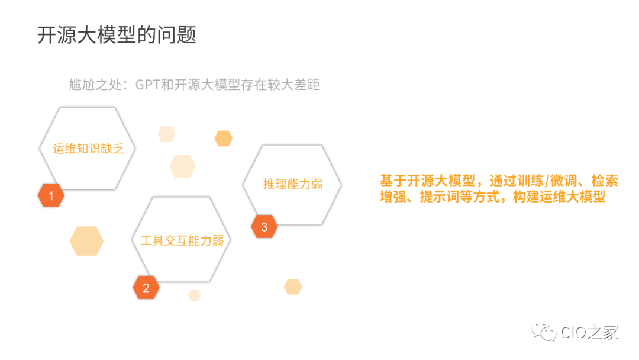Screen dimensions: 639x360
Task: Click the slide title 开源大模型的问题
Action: (117, 35)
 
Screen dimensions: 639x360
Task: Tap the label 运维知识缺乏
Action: (88, 149)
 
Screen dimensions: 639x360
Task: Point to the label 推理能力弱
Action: (293, 184)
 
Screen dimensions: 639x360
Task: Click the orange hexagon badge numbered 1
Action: (51, 196)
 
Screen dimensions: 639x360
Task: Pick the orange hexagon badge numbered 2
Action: (146, 288)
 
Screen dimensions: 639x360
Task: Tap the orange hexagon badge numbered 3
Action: (264, 226)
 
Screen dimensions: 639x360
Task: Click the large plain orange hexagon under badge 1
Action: (86, 240)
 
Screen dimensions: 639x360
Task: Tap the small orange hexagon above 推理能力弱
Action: (223, 139)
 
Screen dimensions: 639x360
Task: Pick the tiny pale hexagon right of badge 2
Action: (195, 295)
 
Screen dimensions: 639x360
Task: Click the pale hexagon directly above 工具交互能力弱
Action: (182, 166)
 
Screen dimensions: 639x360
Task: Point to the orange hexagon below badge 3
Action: (293, 287)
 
